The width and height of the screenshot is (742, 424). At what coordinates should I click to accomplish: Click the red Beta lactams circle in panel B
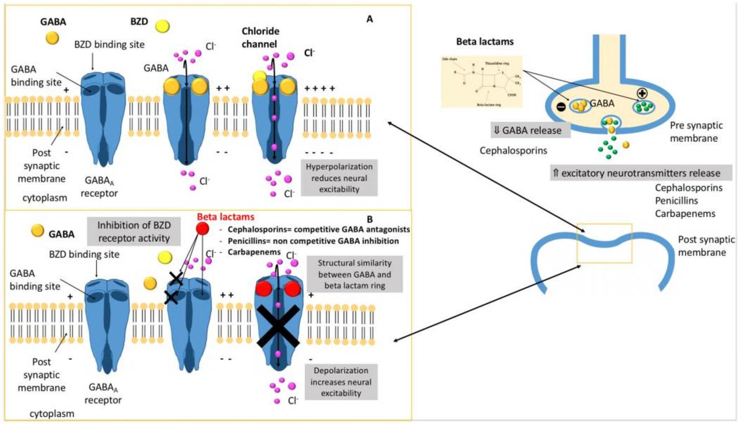coord(201,229)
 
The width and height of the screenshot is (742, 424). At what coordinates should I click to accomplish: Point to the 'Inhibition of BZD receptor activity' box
coord(129,230)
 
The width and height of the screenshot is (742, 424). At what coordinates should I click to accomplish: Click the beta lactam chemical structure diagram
coord(482,80)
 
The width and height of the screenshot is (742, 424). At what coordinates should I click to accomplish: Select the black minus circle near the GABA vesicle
coord(560,106)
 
